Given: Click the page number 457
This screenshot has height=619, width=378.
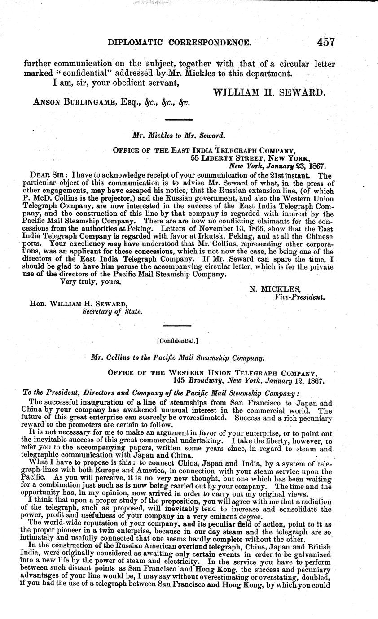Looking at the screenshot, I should click(x=326, y=42).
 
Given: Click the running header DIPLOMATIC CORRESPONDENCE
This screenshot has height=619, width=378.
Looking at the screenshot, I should click(x=183, y=43).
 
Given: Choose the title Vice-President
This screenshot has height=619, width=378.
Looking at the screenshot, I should click(x=299, y=296).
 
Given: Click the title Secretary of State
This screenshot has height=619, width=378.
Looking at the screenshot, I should click(x=112, y=312).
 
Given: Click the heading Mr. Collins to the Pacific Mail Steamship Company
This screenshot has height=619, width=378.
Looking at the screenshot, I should click(x=177, y=358).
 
